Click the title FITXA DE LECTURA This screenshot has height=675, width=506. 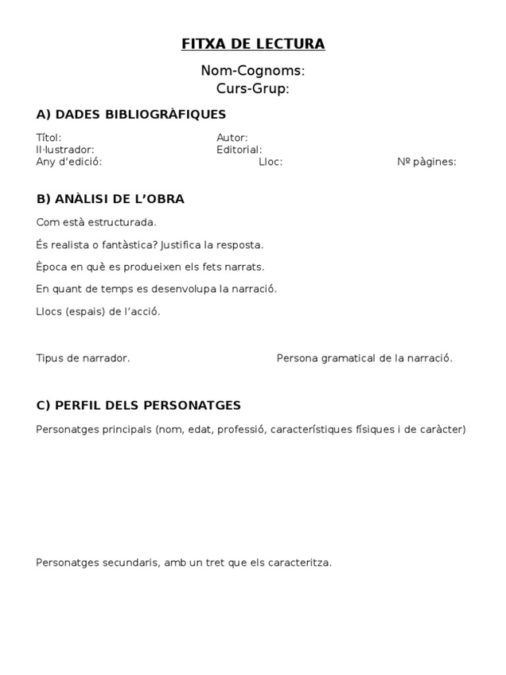[x=253, y=44]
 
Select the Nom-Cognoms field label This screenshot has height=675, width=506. [x=253, y=71]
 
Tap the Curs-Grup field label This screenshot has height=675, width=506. [x=253, y=88]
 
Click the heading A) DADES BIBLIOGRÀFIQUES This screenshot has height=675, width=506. [x=131, y=115]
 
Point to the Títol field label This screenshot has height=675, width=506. [x=49, y=138]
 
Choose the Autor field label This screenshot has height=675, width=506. [x=232, y=138]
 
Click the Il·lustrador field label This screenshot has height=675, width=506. [x=65, y=150]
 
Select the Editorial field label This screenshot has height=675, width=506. [x=239, y=150]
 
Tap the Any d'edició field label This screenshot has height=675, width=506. [x=69, y=162]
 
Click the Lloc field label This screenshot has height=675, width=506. [x=271, y=162]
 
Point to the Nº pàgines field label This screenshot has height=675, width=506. [x=426, y=162]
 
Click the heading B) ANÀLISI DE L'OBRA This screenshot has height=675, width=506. [x=111, y=199]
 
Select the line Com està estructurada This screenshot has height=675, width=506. [x=96, y=222]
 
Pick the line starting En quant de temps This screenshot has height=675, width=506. [x=157, y=289]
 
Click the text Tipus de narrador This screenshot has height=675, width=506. [x=84, y=358]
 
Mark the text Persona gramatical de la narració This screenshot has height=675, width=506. [x=364, y=358]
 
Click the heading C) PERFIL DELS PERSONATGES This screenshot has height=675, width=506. [x=138, y=406]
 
